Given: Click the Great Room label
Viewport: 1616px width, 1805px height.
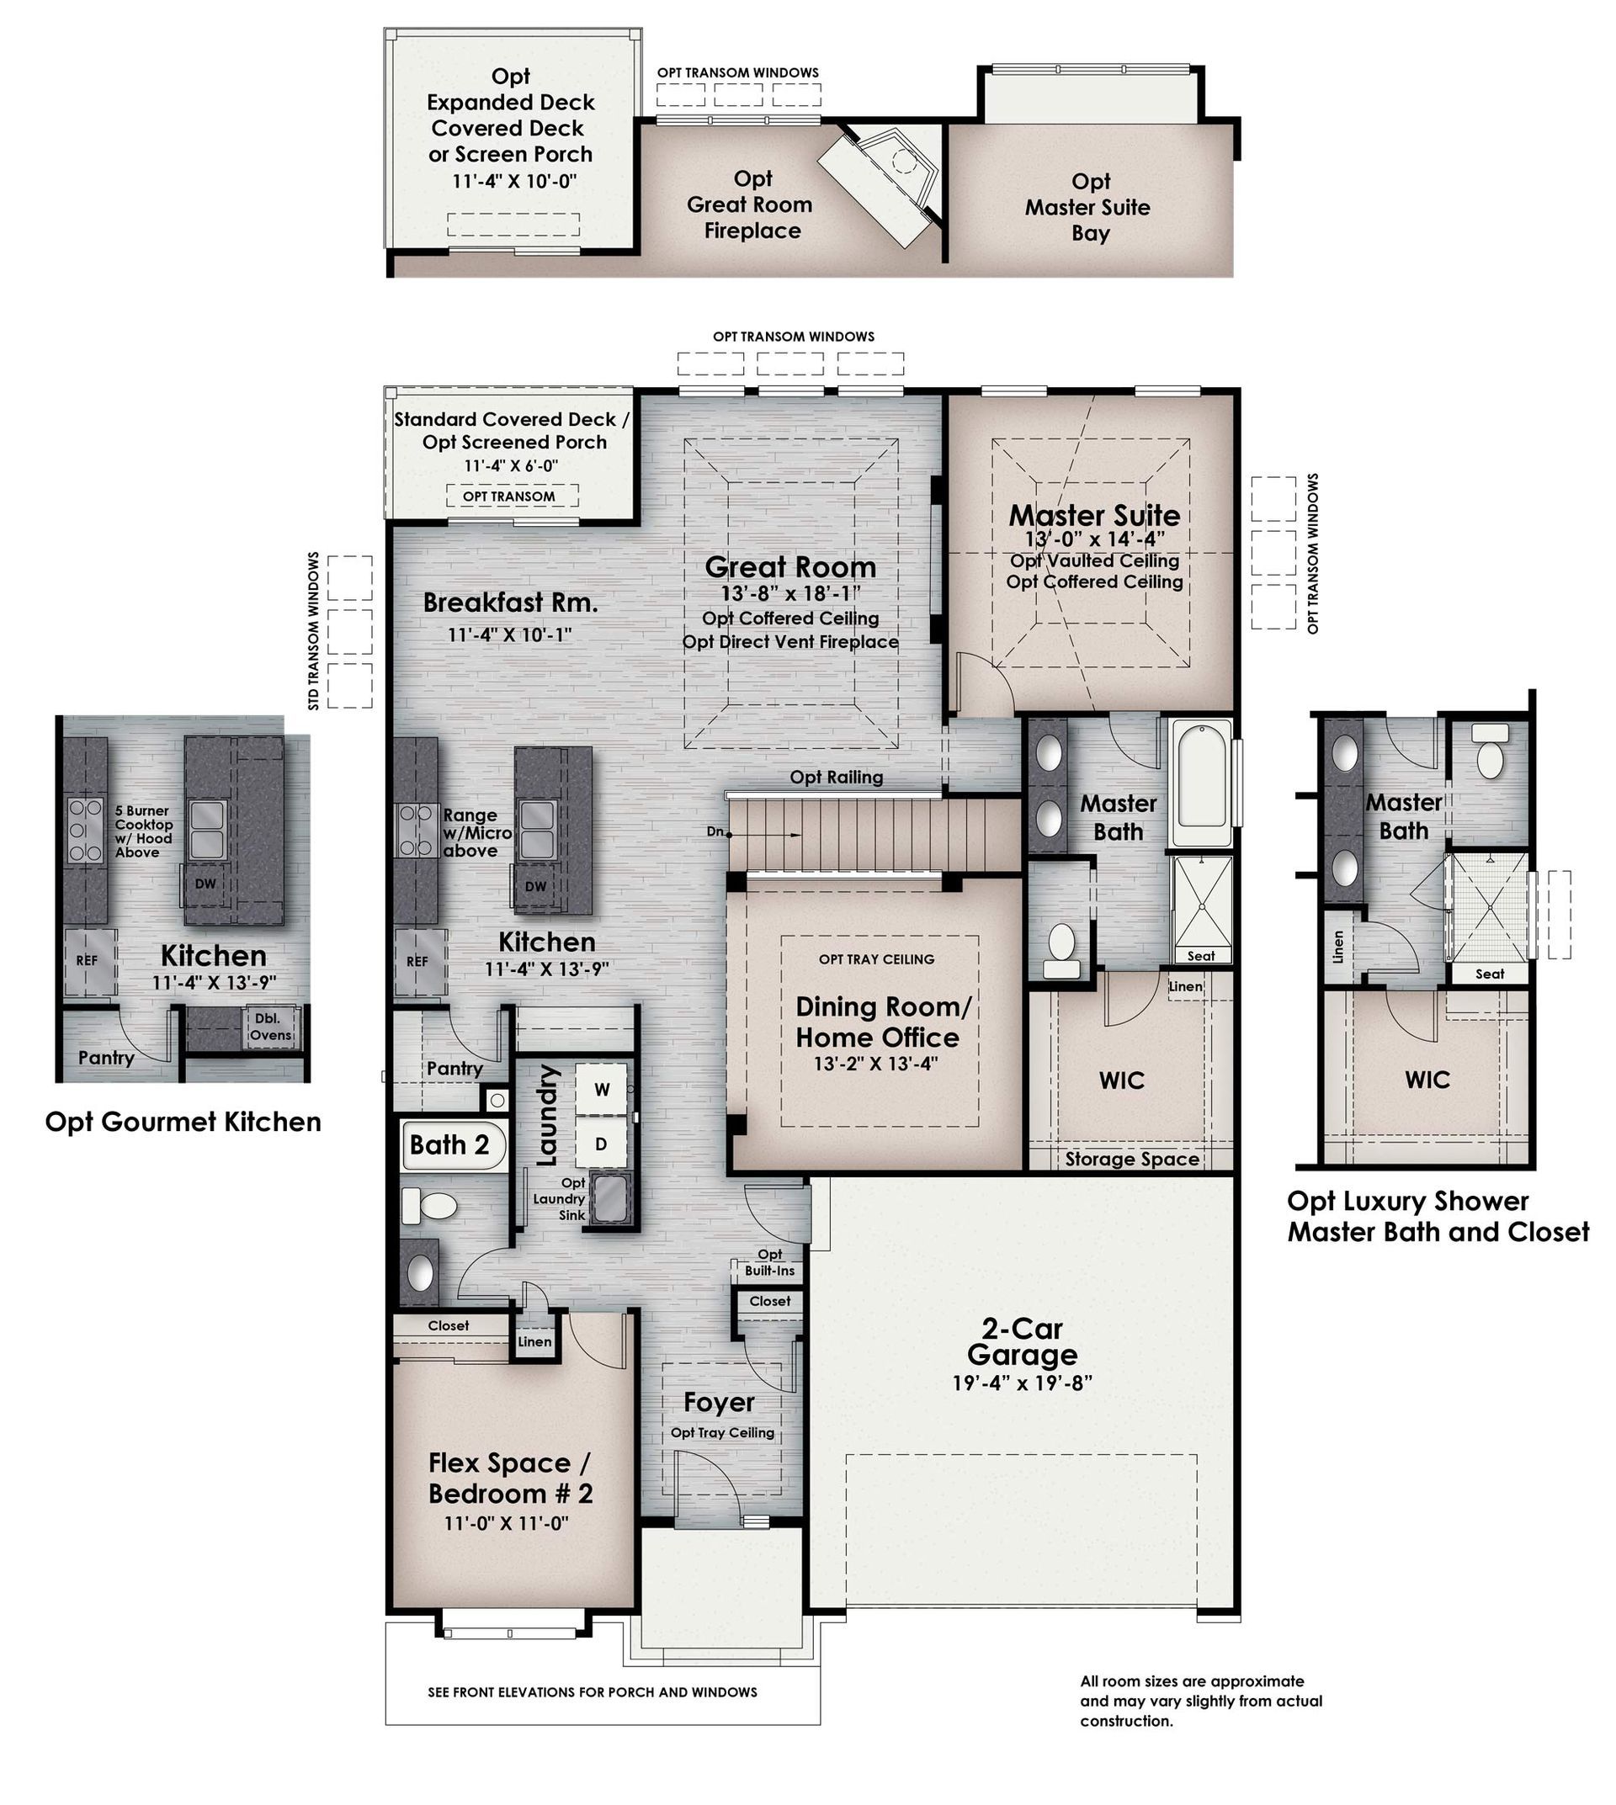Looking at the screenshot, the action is pyautogui.click(x=790, y=567).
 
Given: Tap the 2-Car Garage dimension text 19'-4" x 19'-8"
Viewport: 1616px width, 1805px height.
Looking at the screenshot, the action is pyautogui.click(x=1022, y=1383).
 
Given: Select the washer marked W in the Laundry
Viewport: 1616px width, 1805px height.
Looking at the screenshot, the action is pyautogui.click(x=602, y=1091).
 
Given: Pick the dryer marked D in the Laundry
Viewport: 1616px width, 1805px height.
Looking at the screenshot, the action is pyautogui.click(x=601, y=1144).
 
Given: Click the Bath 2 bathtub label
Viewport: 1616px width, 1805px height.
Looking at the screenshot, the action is pyautogui.click(x=449, y=1145).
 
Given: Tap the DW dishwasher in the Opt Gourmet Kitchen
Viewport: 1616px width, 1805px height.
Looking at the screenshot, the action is pyautogui.click(x=205, y=884).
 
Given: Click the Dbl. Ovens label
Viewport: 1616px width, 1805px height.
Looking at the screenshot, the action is pyautogui.click(x=269, y=1027).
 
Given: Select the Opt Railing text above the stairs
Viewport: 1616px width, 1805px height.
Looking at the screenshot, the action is pyautogui.click(x=837, y=778).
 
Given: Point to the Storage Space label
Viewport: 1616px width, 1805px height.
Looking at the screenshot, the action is pyautogui.click(x=1132, y=1160).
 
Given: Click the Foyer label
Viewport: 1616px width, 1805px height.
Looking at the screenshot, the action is pyautogui.click(x=720, y=1403).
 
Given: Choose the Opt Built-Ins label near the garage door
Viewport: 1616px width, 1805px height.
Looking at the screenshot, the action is pyautogui.click(x=770, y=1262).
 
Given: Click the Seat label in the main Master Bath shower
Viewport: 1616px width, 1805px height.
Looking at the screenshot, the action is pyautogui.click(x=1200, y=956).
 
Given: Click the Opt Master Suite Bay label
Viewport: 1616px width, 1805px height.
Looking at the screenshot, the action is pyautogui.click(x=1088, y=208).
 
